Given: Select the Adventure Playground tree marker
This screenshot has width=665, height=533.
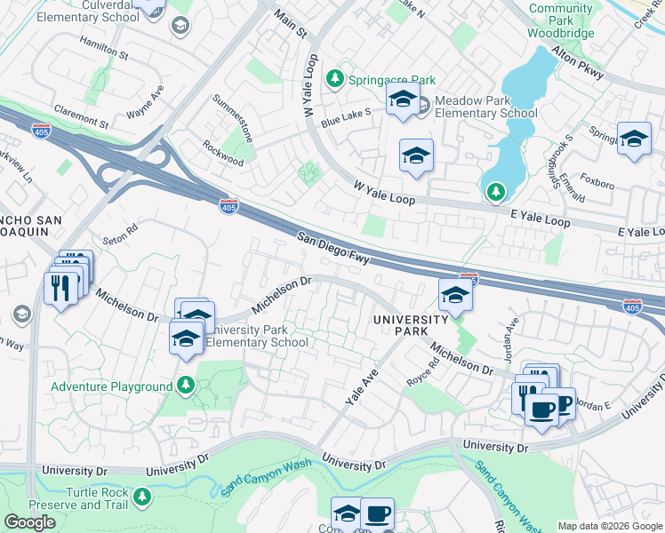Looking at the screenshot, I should (x=186, y=386).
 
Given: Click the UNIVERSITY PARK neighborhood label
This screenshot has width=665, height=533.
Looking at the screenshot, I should (x=410, y=324).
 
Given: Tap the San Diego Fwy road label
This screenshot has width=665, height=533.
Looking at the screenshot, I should (x=333, y=248).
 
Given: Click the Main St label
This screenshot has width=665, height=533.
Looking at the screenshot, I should (x=290, y=25).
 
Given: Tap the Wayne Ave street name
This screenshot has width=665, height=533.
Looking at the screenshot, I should (x=145, y=102).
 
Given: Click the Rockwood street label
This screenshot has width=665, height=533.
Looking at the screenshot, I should (x=222, y=153).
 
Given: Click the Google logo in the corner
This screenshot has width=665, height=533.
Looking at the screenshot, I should (x=29, y=522).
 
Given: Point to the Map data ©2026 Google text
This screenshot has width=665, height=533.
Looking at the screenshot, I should (x=610, y=526).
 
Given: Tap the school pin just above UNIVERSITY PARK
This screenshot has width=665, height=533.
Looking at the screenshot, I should (x=454, y=296).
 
